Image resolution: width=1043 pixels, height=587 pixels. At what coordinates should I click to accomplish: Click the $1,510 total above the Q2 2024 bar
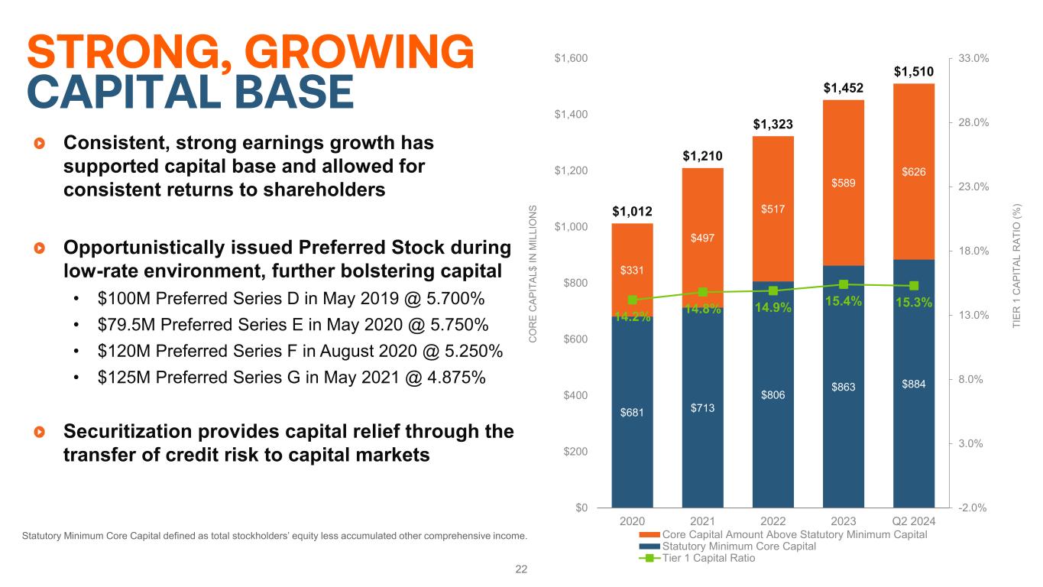click(914, 73)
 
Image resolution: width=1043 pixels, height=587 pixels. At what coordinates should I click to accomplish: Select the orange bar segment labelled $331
click(632, 270)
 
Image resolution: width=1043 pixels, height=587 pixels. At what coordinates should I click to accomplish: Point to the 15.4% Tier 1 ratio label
click(844, 302)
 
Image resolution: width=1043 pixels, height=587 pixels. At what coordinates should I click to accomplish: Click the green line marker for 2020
click(632, 300)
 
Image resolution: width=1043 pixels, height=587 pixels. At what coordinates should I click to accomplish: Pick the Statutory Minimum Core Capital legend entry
click(739, 546)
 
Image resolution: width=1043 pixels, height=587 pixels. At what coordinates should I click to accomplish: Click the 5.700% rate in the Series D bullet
click(455, 297)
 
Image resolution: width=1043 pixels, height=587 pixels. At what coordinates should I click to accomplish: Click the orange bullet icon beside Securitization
click(40, 433)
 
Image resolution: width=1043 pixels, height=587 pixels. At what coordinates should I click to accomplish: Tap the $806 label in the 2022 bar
click(773, 394)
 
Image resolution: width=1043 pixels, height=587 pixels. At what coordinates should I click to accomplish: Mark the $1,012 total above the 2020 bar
click(632, 210)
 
